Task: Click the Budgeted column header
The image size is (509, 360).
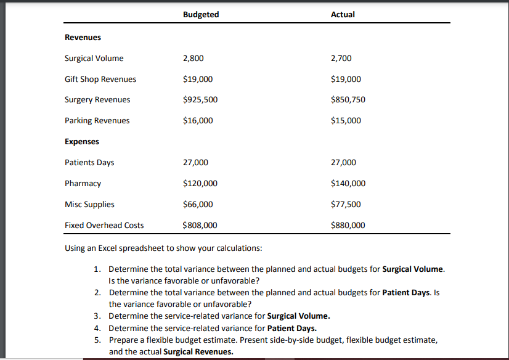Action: tap(201, 14)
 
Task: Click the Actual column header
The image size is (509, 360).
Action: tap(343, 14)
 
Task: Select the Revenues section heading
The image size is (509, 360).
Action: tap(83, 38)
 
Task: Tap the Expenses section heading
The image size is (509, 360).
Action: tap(82, 142)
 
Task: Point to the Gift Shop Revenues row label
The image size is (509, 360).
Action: tap(100, 80)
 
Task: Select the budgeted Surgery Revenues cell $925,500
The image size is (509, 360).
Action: tap(200, 100)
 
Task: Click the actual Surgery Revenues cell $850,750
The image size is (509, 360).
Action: tap(348, 100)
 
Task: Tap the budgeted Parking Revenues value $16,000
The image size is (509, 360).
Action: tap(198, 121)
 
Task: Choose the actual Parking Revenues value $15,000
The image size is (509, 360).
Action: tap(346, 121)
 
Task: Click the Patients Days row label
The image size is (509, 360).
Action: tap(89, 163)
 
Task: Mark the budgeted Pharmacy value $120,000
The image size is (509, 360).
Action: tap(200, 184)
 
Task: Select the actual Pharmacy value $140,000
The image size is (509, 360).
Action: tap(348, 184)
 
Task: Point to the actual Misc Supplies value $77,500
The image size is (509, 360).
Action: tap(346, 205)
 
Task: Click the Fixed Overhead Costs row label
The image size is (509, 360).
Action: tap(104, 226)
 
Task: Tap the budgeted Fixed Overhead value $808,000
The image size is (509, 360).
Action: tap(200, 226)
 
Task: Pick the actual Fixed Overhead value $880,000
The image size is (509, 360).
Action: tap(348, 226)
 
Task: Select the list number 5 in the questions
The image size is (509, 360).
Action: tap(97, 340)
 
